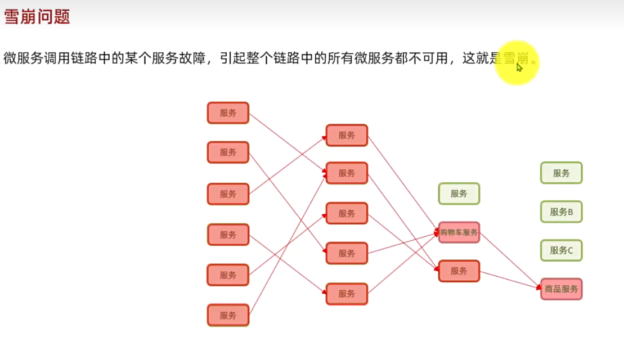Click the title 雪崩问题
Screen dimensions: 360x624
(x=37, y=17)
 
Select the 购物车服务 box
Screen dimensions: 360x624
(x=459, y=232)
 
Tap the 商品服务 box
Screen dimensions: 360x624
(x=561, y=289)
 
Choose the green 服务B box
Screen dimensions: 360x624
(x=561, y=212)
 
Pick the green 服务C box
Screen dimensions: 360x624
(x=561, y=250)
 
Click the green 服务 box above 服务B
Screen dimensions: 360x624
(x=561, y=173)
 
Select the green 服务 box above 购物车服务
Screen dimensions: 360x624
(x=459, y=193)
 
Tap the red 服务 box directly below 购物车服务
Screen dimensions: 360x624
(x=459, y=271)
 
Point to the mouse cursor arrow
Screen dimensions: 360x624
(x=519, y=67)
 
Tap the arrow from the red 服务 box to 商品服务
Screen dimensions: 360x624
(x=509, y=280)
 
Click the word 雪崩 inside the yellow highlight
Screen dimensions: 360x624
(x=516, y=58)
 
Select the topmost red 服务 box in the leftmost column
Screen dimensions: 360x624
(x=228, y=112)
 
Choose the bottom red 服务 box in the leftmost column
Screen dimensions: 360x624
(x=228, y=315)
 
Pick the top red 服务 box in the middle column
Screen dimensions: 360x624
(x=347, y=135)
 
